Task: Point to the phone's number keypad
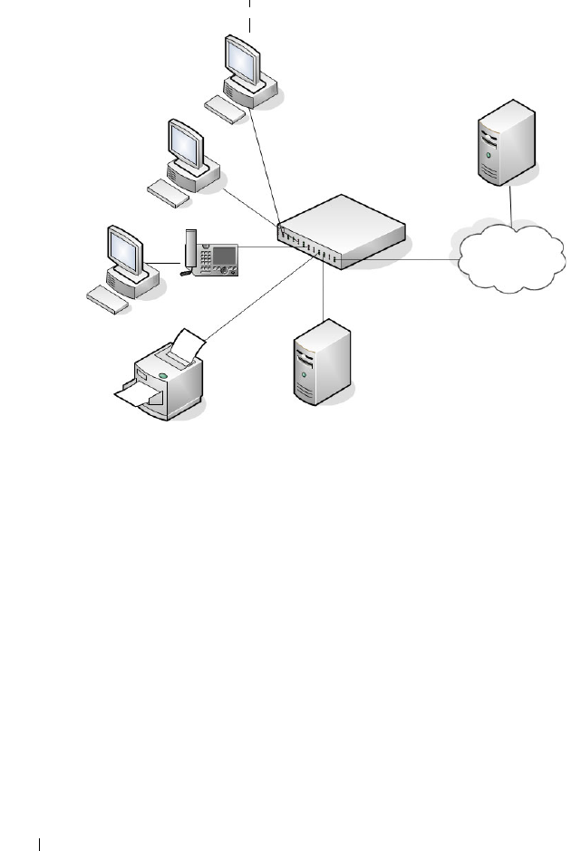click(x=208, y=259)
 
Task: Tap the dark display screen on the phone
click(x=224, y=254)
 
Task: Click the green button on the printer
click(x=163, y=373)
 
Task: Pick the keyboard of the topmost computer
click(x=225, y=110)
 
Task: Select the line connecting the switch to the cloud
click(x=399, y=262)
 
